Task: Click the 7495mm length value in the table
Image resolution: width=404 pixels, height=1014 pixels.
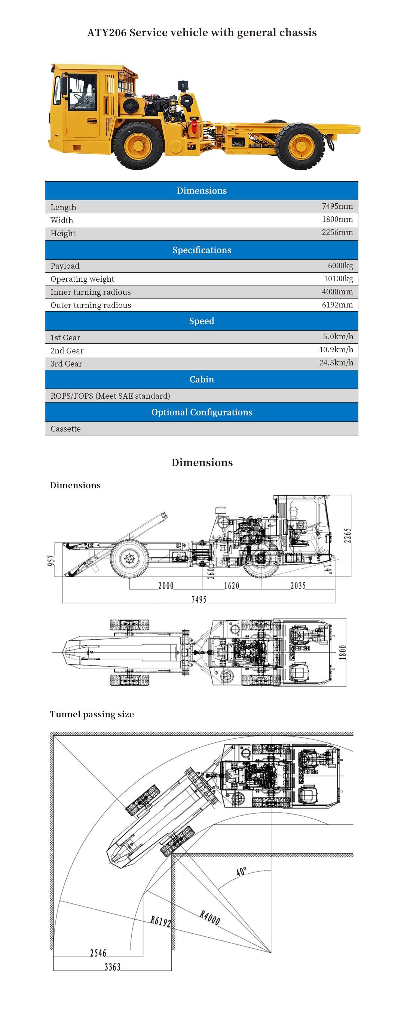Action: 337,206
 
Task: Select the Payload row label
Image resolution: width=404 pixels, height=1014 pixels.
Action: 65,266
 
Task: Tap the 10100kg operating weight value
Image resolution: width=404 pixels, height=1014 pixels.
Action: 338,279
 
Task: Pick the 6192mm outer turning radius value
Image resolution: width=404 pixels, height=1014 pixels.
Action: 337,304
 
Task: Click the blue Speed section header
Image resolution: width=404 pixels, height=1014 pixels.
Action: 201,321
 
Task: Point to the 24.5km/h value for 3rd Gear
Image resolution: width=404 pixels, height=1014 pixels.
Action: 336,362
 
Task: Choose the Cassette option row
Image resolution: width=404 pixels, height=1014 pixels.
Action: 65,429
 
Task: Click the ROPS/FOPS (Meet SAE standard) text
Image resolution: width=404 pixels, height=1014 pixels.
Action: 110,396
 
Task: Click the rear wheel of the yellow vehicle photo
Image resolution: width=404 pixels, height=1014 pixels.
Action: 300,146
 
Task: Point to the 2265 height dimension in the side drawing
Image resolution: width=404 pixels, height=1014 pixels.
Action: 347,536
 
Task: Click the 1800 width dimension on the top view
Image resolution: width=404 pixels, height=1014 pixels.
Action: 343,652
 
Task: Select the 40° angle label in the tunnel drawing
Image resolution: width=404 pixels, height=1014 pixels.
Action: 242,871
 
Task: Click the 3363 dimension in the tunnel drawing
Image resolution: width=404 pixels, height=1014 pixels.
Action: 112,967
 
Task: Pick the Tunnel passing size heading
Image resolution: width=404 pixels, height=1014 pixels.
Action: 92,714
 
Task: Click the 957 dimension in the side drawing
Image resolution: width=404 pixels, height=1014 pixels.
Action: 52,561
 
